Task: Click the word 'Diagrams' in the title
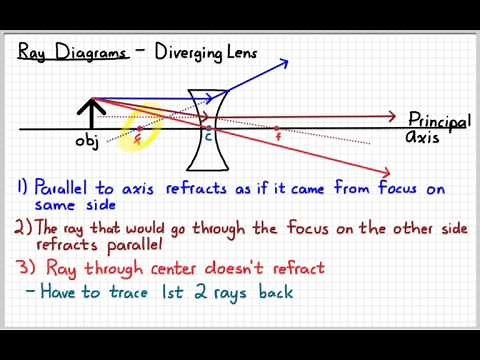click(91, 52)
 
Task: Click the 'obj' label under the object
click(87, 143)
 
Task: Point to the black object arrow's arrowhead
click(93, 102)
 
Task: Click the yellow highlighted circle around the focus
click(138, 129)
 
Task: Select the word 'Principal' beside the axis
click(438, 119)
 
